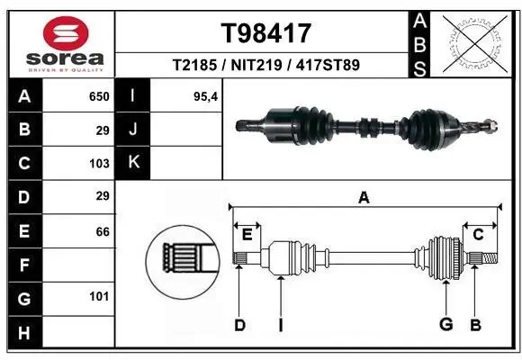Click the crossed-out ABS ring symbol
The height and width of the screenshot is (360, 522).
[474, 43]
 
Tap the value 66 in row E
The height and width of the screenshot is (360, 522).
[102, 231]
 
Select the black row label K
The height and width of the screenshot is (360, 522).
[133, 164]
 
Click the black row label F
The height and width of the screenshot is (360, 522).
[24, 265]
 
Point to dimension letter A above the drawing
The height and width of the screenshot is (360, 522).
[364, 197]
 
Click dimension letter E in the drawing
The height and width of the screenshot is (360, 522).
[247, 235]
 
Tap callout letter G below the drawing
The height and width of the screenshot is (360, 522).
[445, 325]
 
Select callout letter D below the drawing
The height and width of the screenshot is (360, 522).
[239, 325]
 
